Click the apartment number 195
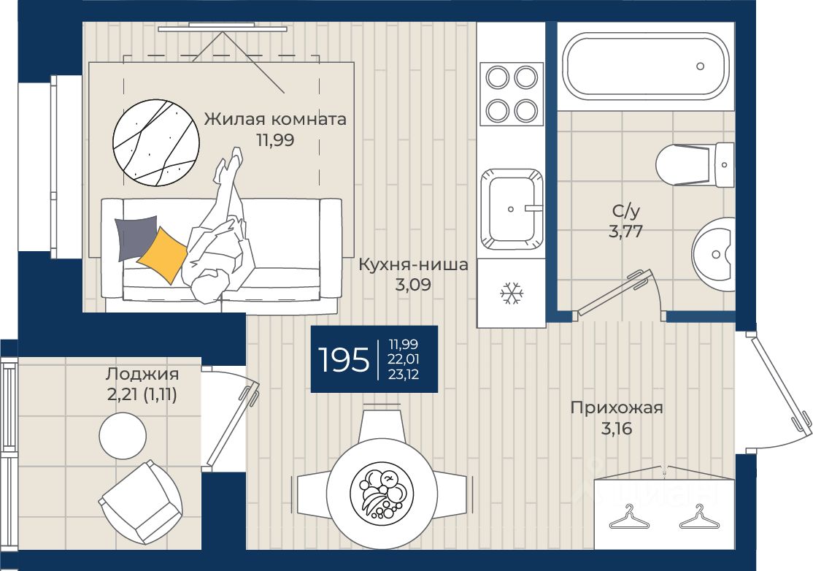point(343,359)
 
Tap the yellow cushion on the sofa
point(162,255)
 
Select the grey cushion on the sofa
point(136,238)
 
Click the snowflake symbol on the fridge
point(512,293)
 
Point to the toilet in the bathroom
point(695,165)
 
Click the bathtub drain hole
point(700,66)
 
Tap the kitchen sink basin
point(512,209)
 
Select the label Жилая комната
point(275,119)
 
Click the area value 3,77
point(626,231)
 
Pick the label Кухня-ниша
point(413,264)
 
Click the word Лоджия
point(142,373)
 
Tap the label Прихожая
point(617,407)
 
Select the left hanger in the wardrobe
point(629,518)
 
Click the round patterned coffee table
point(156,142)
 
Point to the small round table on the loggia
point(123,436)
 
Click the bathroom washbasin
point(714,255)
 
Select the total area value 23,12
point(404,375)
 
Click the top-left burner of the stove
point(497,78)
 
